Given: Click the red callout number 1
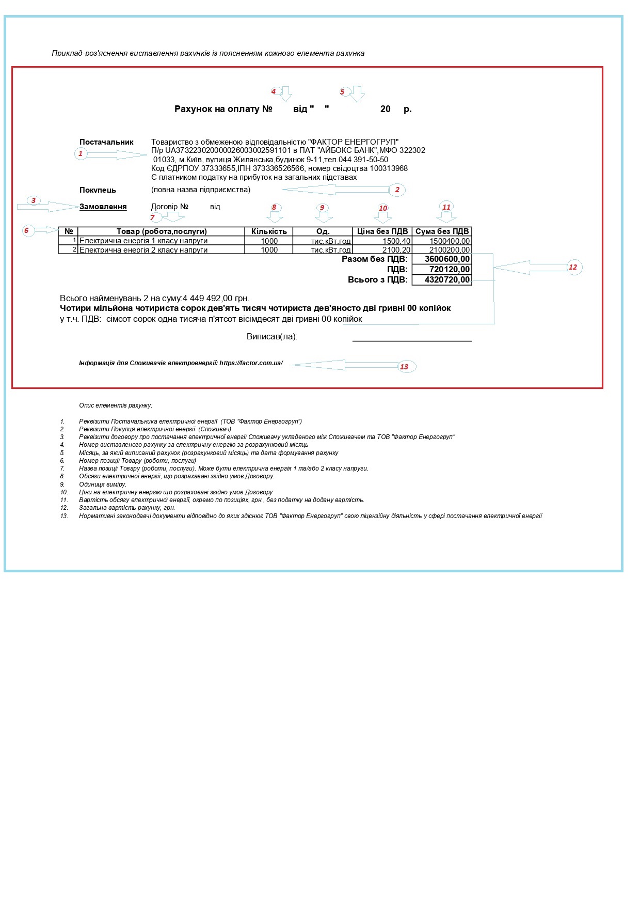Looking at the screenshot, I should (x=81, y=153).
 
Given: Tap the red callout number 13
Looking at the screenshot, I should (x=404, y=367).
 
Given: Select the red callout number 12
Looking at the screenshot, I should (x=573, y=267).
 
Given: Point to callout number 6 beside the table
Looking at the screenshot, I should (x=26, y=230).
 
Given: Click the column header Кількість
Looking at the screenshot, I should (x=269, y=231).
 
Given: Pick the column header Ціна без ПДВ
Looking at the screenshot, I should (x=382, y=231).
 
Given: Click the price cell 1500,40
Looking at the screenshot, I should (x=396, y=241).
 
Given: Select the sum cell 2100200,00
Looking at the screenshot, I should (x=449, y=250).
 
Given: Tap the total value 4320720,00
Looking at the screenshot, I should (x=447, y=280).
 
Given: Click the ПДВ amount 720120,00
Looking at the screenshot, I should (x=449, y=269).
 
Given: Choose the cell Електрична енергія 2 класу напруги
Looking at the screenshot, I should (x=143, y=250).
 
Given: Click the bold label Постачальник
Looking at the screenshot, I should (x=106, y=142).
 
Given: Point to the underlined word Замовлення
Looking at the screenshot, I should (x=103, y=207).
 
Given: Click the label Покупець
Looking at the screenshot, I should (x=98, y=190).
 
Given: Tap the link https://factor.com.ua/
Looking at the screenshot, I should (x=251, y=363).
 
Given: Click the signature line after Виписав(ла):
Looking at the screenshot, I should (x=412, y=340).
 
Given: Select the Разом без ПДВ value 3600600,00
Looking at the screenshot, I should (x=447, y=259).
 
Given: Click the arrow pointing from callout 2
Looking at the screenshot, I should (x=335, y=190).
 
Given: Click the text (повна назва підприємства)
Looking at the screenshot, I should (x=201, y=190).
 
